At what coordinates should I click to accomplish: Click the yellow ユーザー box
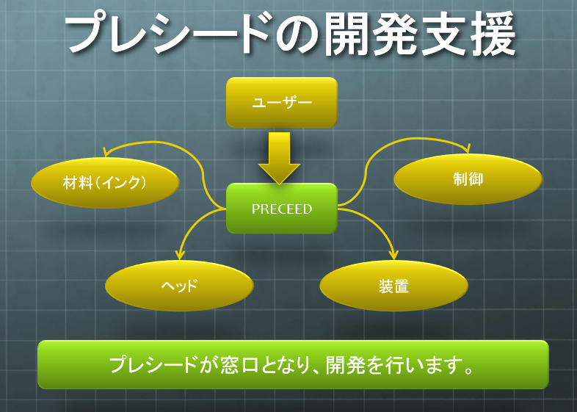tap(281, 102)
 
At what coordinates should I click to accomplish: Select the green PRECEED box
tap(281, 209)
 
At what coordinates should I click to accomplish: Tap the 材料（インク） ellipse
tap(105, 182)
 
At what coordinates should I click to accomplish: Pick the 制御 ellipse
tap(468, 178)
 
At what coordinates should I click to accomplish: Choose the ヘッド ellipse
tap(179, 285)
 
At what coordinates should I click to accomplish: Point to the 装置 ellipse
tap(393, 286)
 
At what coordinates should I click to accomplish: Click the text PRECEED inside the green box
tap(281, 209)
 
